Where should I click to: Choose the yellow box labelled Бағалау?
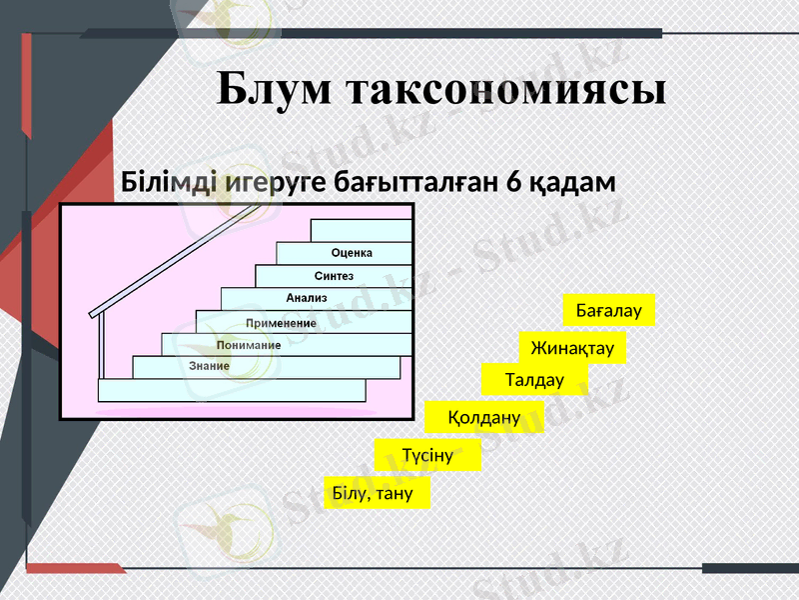[608, 311]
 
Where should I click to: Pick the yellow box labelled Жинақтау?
[572, 348]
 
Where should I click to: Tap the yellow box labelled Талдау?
[534, 380]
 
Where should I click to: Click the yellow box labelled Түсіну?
[427, 456]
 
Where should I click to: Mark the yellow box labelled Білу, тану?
[379, 493]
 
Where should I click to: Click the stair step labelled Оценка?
[352, 253]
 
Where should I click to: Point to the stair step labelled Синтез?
[334, 276]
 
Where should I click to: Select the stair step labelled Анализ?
[307, 298]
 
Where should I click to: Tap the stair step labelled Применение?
[282, 323]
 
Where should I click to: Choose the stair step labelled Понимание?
[249, 345]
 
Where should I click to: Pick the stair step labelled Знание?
[210, 367]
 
